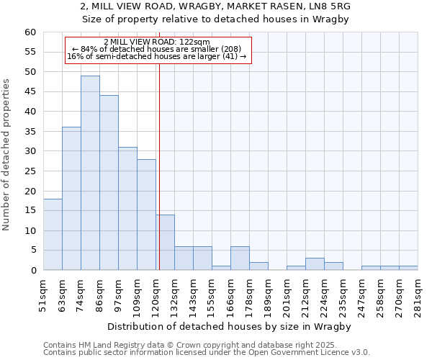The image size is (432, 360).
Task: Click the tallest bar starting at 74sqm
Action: (x=90, y=173)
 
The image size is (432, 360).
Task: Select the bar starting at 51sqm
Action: (x=53, y=235)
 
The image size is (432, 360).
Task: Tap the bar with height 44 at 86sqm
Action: (x=109, y=183)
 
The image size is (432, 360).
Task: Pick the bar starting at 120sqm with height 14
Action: (x=165, y=243)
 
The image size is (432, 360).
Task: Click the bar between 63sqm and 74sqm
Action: (x=71, y=199)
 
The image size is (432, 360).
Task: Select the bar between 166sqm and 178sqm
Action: (x=240, y=258)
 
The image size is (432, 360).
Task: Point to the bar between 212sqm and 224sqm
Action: (x=315, y=264)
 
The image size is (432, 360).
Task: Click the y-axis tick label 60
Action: (x=30, y=32)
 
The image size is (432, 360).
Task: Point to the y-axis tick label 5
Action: (x=32, y=251)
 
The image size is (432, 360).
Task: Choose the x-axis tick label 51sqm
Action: (x=44, y=292)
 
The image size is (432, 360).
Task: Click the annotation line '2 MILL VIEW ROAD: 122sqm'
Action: (x=157, y=42)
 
